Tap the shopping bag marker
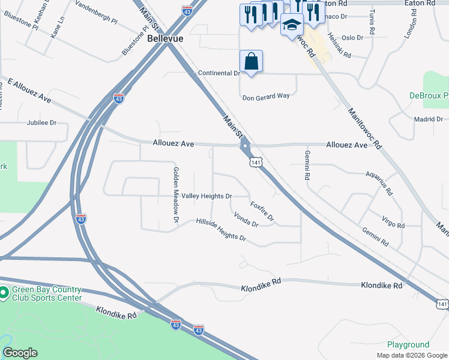click(251, 62)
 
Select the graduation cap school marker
click(292, 25)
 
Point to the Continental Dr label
click(219, 73)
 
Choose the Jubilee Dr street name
click(41, 122)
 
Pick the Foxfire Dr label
click(262, 210)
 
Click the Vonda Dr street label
click(246, 220)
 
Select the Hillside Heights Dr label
click(221, 230)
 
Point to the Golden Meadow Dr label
click(176, 194)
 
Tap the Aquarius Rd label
click(379, 182)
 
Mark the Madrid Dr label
click(428, 119)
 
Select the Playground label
click(408, 345)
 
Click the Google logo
click(20, 353)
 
